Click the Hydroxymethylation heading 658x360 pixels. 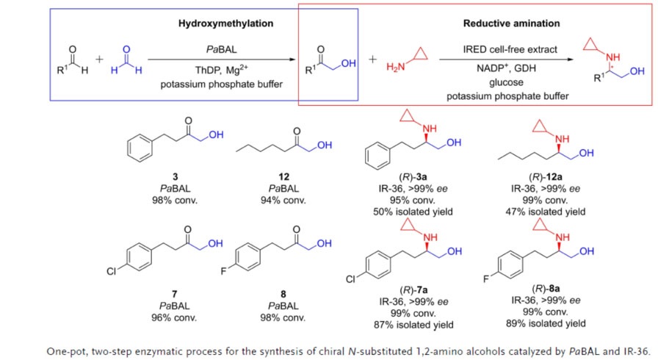coord(226,24)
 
